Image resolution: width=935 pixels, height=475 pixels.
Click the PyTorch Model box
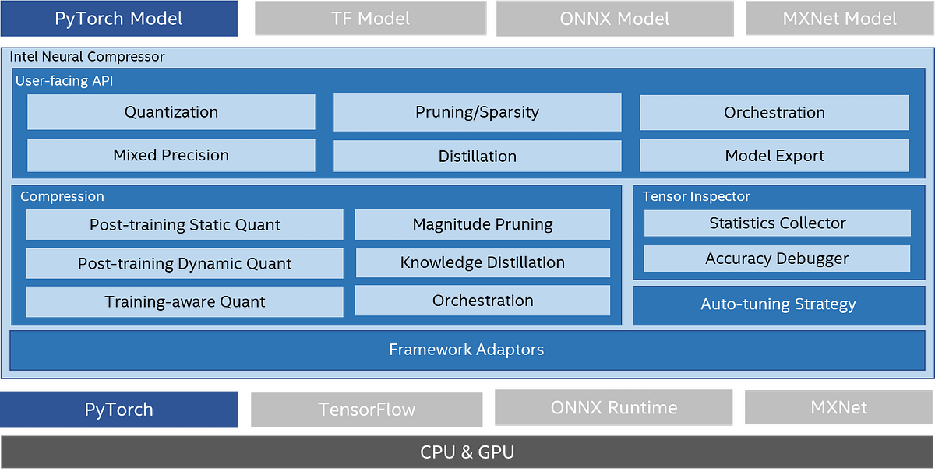pyautogui.click(x=118, y=19)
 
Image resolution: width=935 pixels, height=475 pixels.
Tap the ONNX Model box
pyautogui.click(x=614, y=19)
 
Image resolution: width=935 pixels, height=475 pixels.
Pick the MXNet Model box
pyautogui.click(x=839, y=19)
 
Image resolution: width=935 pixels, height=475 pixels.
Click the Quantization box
pyautogui.click(x=171, y=112)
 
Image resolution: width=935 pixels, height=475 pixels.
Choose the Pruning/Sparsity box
pyautogui.click(x=477, y=112)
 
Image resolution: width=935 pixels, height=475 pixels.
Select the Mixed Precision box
pyautogui.click(x=171, y=155)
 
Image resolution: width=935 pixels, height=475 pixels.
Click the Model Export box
pyautogui.click(x=774, y=156)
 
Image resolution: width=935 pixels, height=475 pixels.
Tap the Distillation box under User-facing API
pyautogui.click(x=477, y=156)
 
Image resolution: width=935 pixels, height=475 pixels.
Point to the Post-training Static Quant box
pyautogui.click(x=185, y=225)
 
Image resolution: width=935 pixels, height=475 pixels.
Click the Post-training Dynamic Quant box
pyautogui.click(x=185, y=263)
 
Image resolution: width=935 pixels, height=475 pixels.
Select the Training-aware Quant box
pyautogui.click(x=185, y=301)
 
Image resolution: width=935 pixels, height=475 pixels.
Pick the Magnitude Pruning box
pyautogui.click(x=482, y=224)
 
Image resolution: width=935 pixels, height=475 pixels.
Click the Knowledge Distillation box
pyautogui.click(x=482, y=262)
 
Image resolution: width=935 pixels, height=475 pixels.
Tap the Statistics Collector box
pyautogui.click(x=777, y=223)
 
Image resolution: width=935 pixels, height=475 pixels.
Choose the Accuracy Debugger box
pyautogui.click(x=777, y=259)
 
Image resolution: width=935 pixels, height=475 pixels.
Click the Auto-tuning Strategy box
pyautogui.click(x=778, y=304)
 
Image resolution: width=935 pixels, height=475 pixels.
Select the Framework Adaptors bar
pyautogui.click(x=466, y=350)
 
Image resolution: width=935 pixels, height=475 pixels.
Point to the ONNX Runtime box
pyautogui.click(x=613, y=407)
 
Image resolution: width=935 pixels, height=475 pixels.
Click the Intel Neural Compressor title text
pyautogui.click(x=87, y=57)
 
